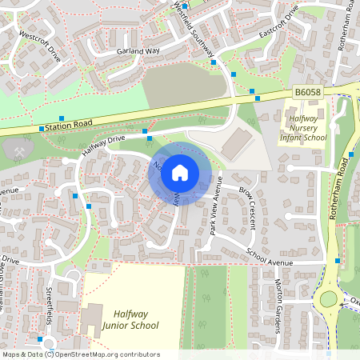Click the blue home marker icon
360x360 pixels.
pyautogui.click(x=180, y=171)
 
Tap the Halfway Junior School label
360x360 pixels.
pyautogui.click(x=130, y=319)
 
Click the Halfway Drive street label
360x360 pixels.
pyautogui.click(x=103, y=145)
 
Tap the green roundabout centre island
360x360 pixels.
pyautogui.click(x=328, y=300)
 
